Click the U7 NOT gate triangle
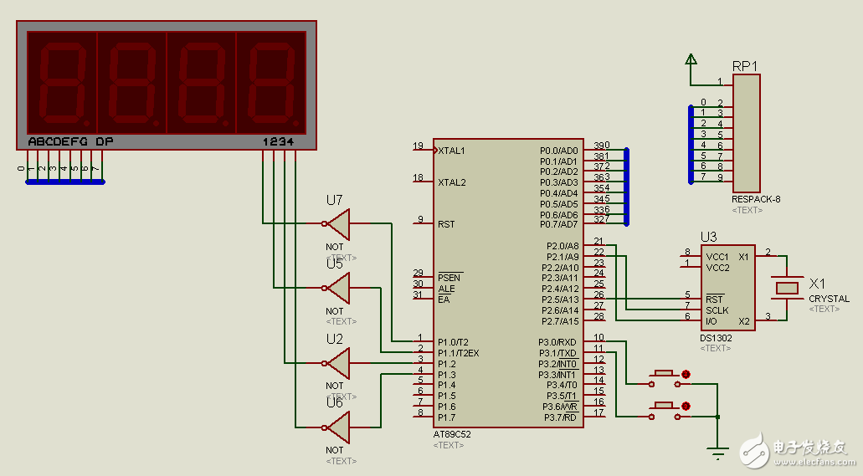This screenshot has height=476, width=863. click(338, 223)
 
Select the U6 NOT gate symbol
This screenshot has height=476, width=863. click(338, 427)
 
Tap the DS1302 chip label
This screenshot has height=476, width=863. click(715, 338)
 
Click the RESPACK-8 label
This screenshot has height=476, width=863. click(756, 199)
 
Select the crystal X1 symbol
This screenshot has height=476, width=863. click(788, 288)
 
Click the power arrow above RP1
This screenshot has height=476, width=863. click(691, 59)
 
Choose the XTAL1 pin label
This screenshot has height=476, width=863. click(452, 151)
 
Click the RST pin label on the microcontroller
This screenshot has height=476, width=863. click(446, 224)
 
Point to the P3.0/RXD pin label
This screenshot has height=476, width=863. click(557, 342)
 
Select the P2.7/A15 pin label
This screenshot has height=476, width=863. click(559, 321)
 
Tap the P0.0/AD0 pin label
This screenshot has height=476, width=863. click(558, 151)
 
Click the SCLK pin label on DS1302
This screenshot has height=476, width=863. click(717, 310)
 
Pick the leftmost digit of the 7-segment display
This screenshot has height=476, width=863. click(62, 82)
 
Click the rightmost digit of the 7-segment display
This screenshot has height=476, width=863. click(270, 82)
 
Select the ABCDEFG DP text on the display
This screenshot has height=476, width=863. click(70, 141)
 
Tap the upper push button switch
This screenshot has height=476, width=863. click(665, 374)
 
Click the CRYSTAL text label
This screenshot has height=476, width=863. click(829, 299)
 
